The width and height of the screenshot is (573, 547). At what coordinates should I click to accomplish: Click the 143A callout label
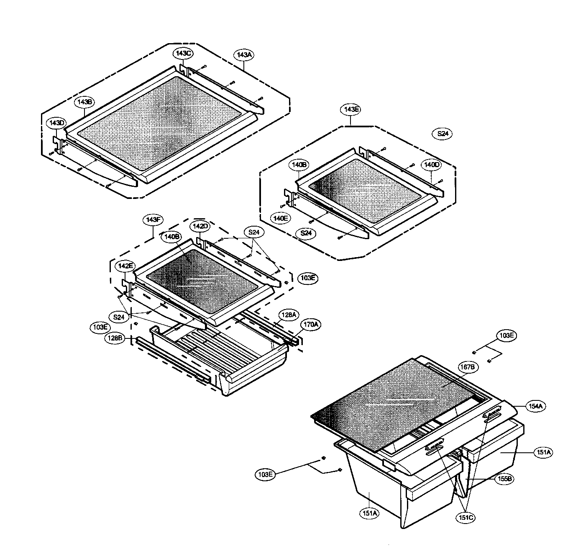(243, 55)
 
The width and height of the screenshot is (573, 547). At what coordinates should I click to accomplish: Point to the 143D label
(56, 123)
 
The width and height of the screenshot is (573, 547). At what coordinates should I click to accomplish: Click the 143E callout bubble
(352, 109)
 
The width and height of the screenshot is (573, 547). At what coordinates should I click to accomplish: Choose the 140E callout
(280, 218)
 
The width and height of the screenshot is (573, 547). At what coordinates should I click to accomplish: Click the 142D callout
(200, 226)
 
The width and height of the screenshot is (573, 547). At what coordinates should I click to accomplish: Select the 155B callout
(504, 480)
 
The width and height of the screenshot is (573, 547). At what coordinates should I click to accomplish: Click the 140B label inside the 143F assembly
(172, 237)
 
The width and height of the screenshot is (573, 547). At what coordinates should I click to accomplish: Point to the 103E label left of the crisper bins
(265, 475)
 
